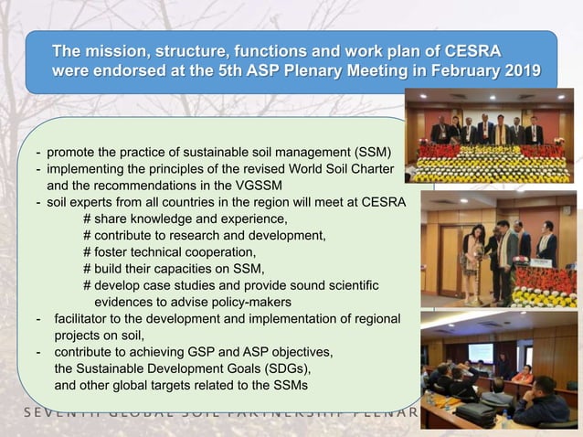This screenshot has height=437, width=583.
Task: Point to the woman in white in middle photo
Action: tap(476, 257)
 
